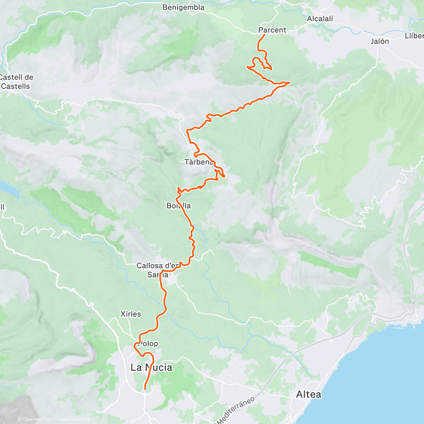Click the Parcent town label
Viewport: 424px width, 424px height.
[272, 30]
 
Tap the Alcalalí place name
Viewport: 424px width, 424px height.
[320, 19]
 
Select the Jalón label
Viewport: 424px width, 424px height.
[380, 41]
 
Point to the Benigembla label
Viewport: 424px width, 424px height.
[183, 7]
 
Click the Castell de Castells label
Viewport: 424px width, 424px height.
[17, 82]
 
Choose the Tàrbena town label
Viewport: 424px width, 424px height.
[199, 162]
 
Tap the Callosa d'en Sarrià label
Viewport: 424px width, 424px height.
[157, 270]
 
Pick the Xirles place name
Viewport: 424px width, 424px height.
[130, 314]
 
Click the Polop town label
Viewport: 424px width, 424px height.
[148, 344]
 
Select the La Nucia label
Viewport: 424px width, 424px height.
[152, 367]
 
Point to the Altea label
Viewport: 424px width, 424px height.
[309, 394]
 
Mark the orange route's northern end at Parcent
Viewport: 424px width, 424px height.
[265, 35]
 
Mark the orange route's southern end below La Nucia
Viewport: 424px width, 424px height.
[145, 389]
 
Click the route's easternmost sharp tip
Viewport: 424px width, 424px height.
[290, 83]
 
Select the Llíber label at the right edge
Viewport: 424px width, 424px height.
[414, 36]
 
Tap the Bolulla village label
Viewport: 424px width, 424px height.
[179, 206]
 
